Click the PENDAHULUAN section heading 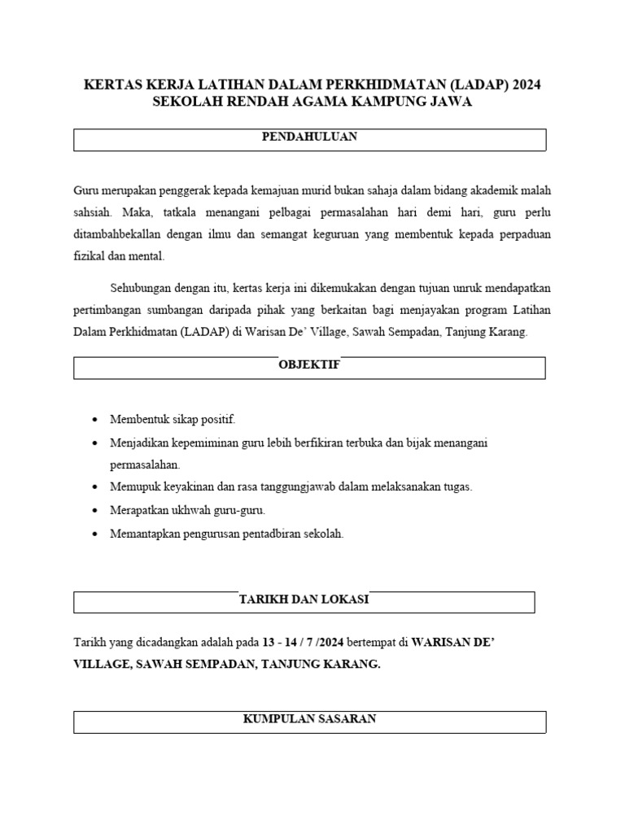click(309, 137)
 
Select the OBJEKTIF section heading click(309, 364)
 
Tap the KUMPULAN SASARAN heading click(309, 719)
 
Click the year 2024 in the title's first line click(526, 85)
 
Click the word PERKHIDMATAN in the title click(386, 85)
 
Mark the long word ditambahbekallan click(120, 234)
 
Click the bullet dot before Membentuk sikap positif click(95, 420)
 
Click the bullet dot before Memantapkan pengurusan click(95, 534)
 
